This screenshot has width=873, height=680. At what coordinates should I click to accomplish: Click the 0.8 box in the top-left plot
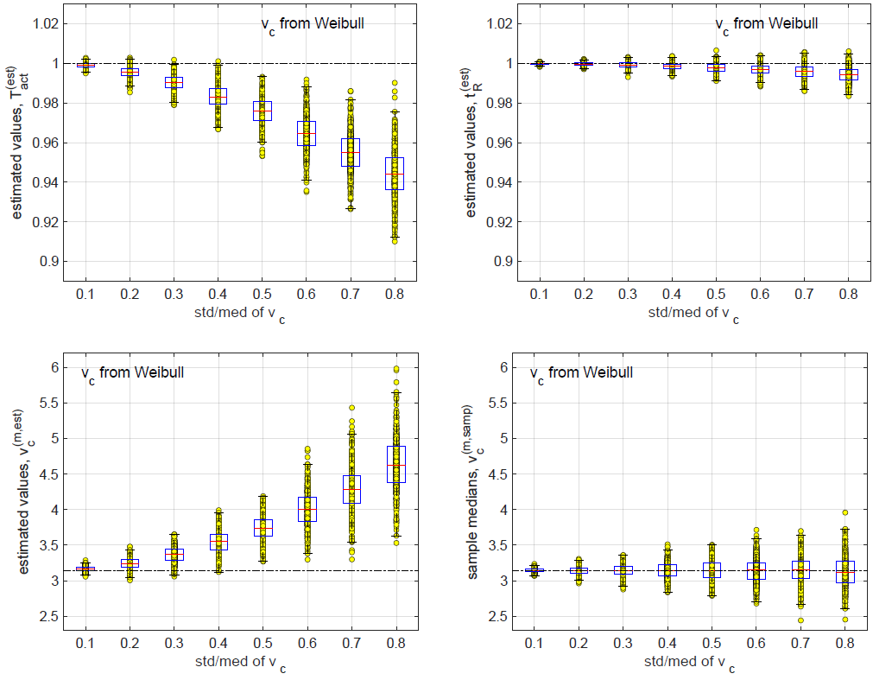(x=395, y=173)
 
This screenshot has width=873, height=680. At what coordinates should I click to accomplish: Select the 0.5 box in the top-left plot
(x=263, y=111)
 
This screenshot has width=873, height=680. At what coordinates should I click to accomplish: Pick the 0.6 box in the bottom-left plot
(x=307, y=509)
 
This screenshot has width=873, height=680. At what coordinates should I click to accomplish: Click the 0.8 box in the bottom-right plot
(x=847, y=571)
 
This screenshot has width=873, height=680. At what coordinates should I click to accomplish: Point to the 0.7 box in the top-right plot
(x=804, y=71)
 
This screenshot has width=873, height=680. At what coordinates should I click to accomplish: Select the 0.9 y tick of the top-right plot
(x=503, y=261)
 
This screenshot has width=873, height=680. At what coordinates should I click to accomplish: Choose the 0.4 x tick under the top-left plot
(x=218, y=295)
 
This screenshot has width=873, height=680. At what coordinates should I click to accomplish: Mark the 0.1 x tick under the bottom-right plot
(x=540, y=643)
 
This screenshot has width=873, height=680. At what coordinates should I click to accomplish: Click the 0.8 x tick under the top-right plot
(x=847, y=295)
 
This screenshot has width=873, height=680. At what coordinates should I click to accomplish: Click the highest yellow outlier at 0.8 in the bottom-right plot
(x=847, y=512)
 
